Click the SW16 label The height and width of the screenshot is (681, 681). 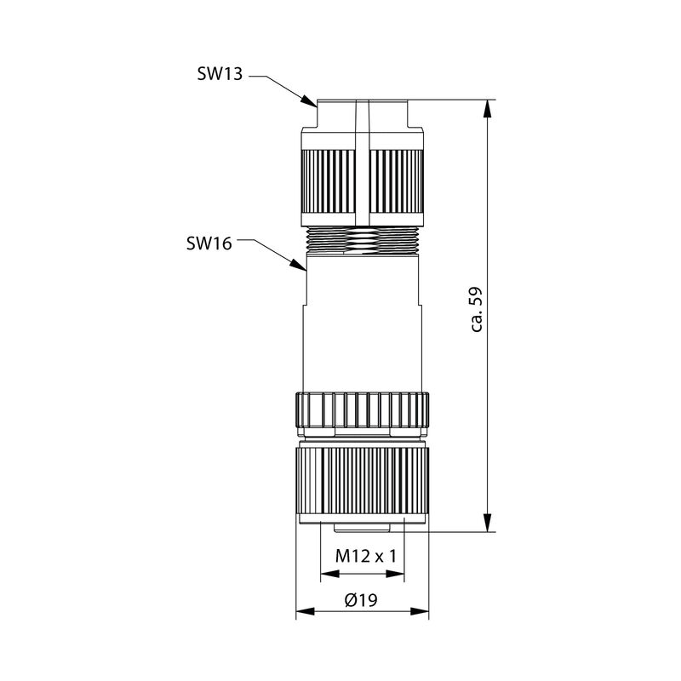(x=209, y=243)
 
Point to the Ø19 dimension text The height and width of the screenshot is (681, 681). (x=361, y=599)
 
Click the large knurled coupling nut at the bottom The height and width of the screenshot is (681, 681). (x=361, y=481)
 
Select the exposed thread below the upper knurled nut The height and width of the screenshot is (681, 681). (x=361, y=241)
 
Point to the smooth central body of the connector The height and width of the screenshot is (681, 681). (x=361, y=323)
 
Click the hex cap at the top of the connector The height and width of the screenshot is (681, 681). (x=361, y=115)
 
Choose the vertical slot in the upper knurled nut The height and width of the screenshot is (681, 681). (x=363, y=179)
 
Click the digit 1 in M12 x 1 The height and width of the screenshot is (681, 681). (x=394, y=556)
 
